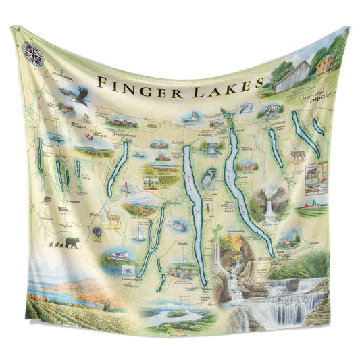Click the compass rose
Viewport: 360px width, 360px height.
[x=32, y=53]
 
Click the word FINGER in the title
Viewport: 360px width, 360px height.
[x=136, y=83]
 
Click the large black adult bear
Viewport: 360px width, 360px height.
[x=72, y=242]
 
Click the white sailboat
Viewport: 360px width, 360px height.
[x=140, y=234]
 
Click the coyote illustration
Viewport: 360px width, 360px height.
[x=298, y=156]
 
